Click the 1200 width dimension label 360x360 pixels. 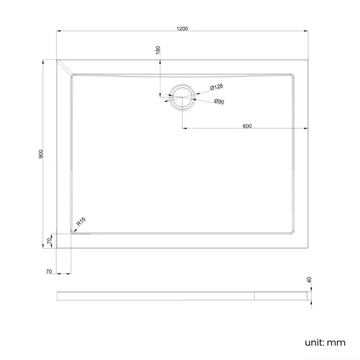tap(183, 28)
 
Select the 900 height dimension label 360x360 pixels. tap(41, 153)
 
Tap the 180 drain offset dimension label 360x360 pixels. tap(158, 50)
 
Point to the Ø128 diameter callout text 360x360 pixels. tap(217, 87)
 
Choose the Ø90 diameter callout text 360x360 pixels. tap(219, 102)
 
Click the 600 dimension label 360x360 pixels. tap(247, 126)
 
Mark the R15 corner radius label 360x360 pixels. tap(80, 223)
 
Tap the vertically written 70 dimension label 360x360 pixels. tap(49, 241)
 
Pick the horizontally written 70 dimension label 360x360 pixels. tap(49, 272)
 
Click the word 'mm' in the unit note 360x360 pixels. tap(336, 342)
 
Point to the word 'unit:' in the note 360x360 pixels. tap(315, 342)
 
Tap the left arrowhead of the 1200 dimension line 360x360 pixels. tap(59, 32)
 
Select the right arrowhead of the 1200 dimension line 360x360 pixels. tap(307, 32)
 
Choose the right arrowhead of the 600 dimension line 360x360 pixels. tap(307, 129)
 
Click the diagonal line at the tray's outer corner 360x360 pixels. tap(64, 66)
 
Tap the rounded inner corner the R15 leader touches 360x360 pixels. tap(73, 233)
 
